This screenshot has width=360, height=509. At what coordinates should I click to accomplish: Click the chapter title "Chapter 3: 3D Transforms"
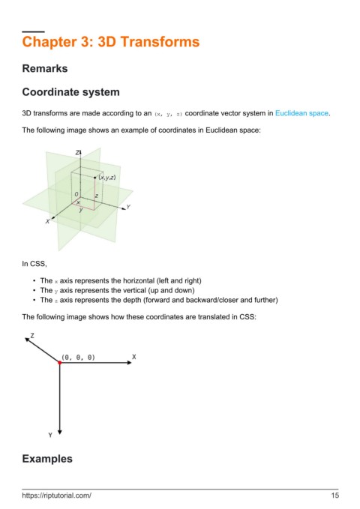tap(111, 42)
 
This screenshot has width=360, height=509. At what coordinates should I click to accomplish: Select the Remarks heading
tap(45, 68)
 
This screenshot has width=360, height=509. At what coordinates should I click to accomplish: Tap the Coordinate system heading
tap(70, 92)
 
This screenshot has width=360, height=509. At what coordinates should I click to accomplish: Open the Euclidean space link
tap(301, 113)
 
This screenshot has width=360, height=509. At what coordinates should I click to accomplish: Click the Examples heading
tap(47, 459)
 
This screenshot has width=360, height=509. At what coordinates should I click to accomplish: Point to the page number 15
tap(335, 496)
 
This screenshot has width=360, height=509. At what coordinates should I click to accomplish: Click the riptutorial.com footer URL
tap(56, 496)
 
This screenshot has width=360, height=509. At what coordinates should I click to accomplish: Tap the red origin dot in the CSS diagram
tap(60, 363)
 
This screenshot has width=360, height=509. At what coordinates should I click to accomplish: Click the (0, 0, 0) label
tap(78, 358)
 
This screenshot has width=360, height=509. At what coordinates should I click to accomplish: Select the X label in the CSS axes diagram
tap(133, 357)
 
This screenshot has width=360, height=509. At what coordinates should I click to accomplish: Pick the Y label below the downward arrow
tap(50, 435)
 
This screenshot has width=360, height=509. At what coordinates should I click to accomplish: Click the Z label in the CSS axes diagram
tap(32, 335)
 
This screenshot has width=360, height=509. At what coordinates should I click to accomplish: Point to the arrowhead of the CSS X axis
tap(130, 363)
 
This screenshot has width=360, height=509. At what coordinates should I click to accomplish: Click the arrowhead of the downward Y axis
tap(60, 433)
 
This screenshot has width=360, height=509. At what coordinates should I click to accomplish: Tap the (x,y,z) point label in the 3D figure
tap(107, 177)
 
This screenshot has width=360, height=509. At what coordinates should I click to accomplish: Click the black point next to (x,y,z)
tap(94, 178)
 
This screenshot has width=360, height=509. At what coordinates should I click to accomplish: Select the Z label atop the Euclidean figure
tap(78, 152)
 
